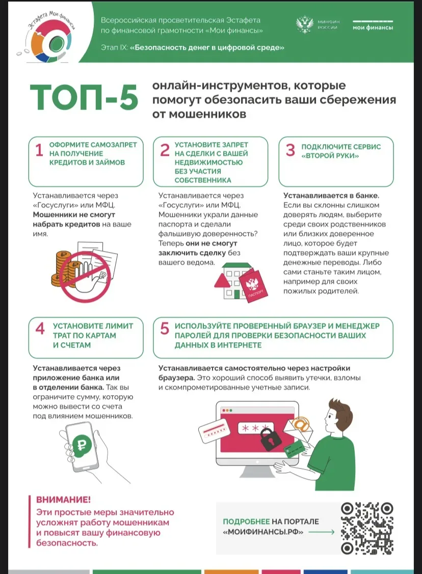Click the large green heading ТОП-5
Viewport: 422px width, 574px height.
[84, 97]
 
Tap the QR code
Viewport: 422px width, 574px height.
[367, 528]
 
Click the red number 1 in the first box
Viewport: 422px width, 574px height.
[39, 150]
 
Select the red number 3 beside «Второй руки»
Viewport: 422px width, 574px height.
[290, 150]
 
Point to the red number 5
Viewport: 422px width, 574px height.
[165, 329]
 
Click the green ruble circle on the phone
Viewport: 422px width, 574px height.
[83, 445]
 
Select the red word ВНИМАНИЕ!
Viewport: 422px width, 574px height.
[63, 500]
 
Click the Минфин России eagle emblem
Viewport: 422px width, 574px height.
[305, 24]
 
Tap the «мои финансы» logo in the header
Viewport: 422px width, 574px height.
[373, 25]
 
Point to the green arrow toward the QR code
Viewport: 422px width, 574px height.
[322, 532]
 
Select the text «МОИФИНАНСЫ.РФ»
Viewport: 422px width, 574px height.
[263, 532]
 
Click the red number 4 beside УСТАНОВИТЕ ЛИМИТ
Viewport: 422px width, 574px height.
[40, 329]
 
